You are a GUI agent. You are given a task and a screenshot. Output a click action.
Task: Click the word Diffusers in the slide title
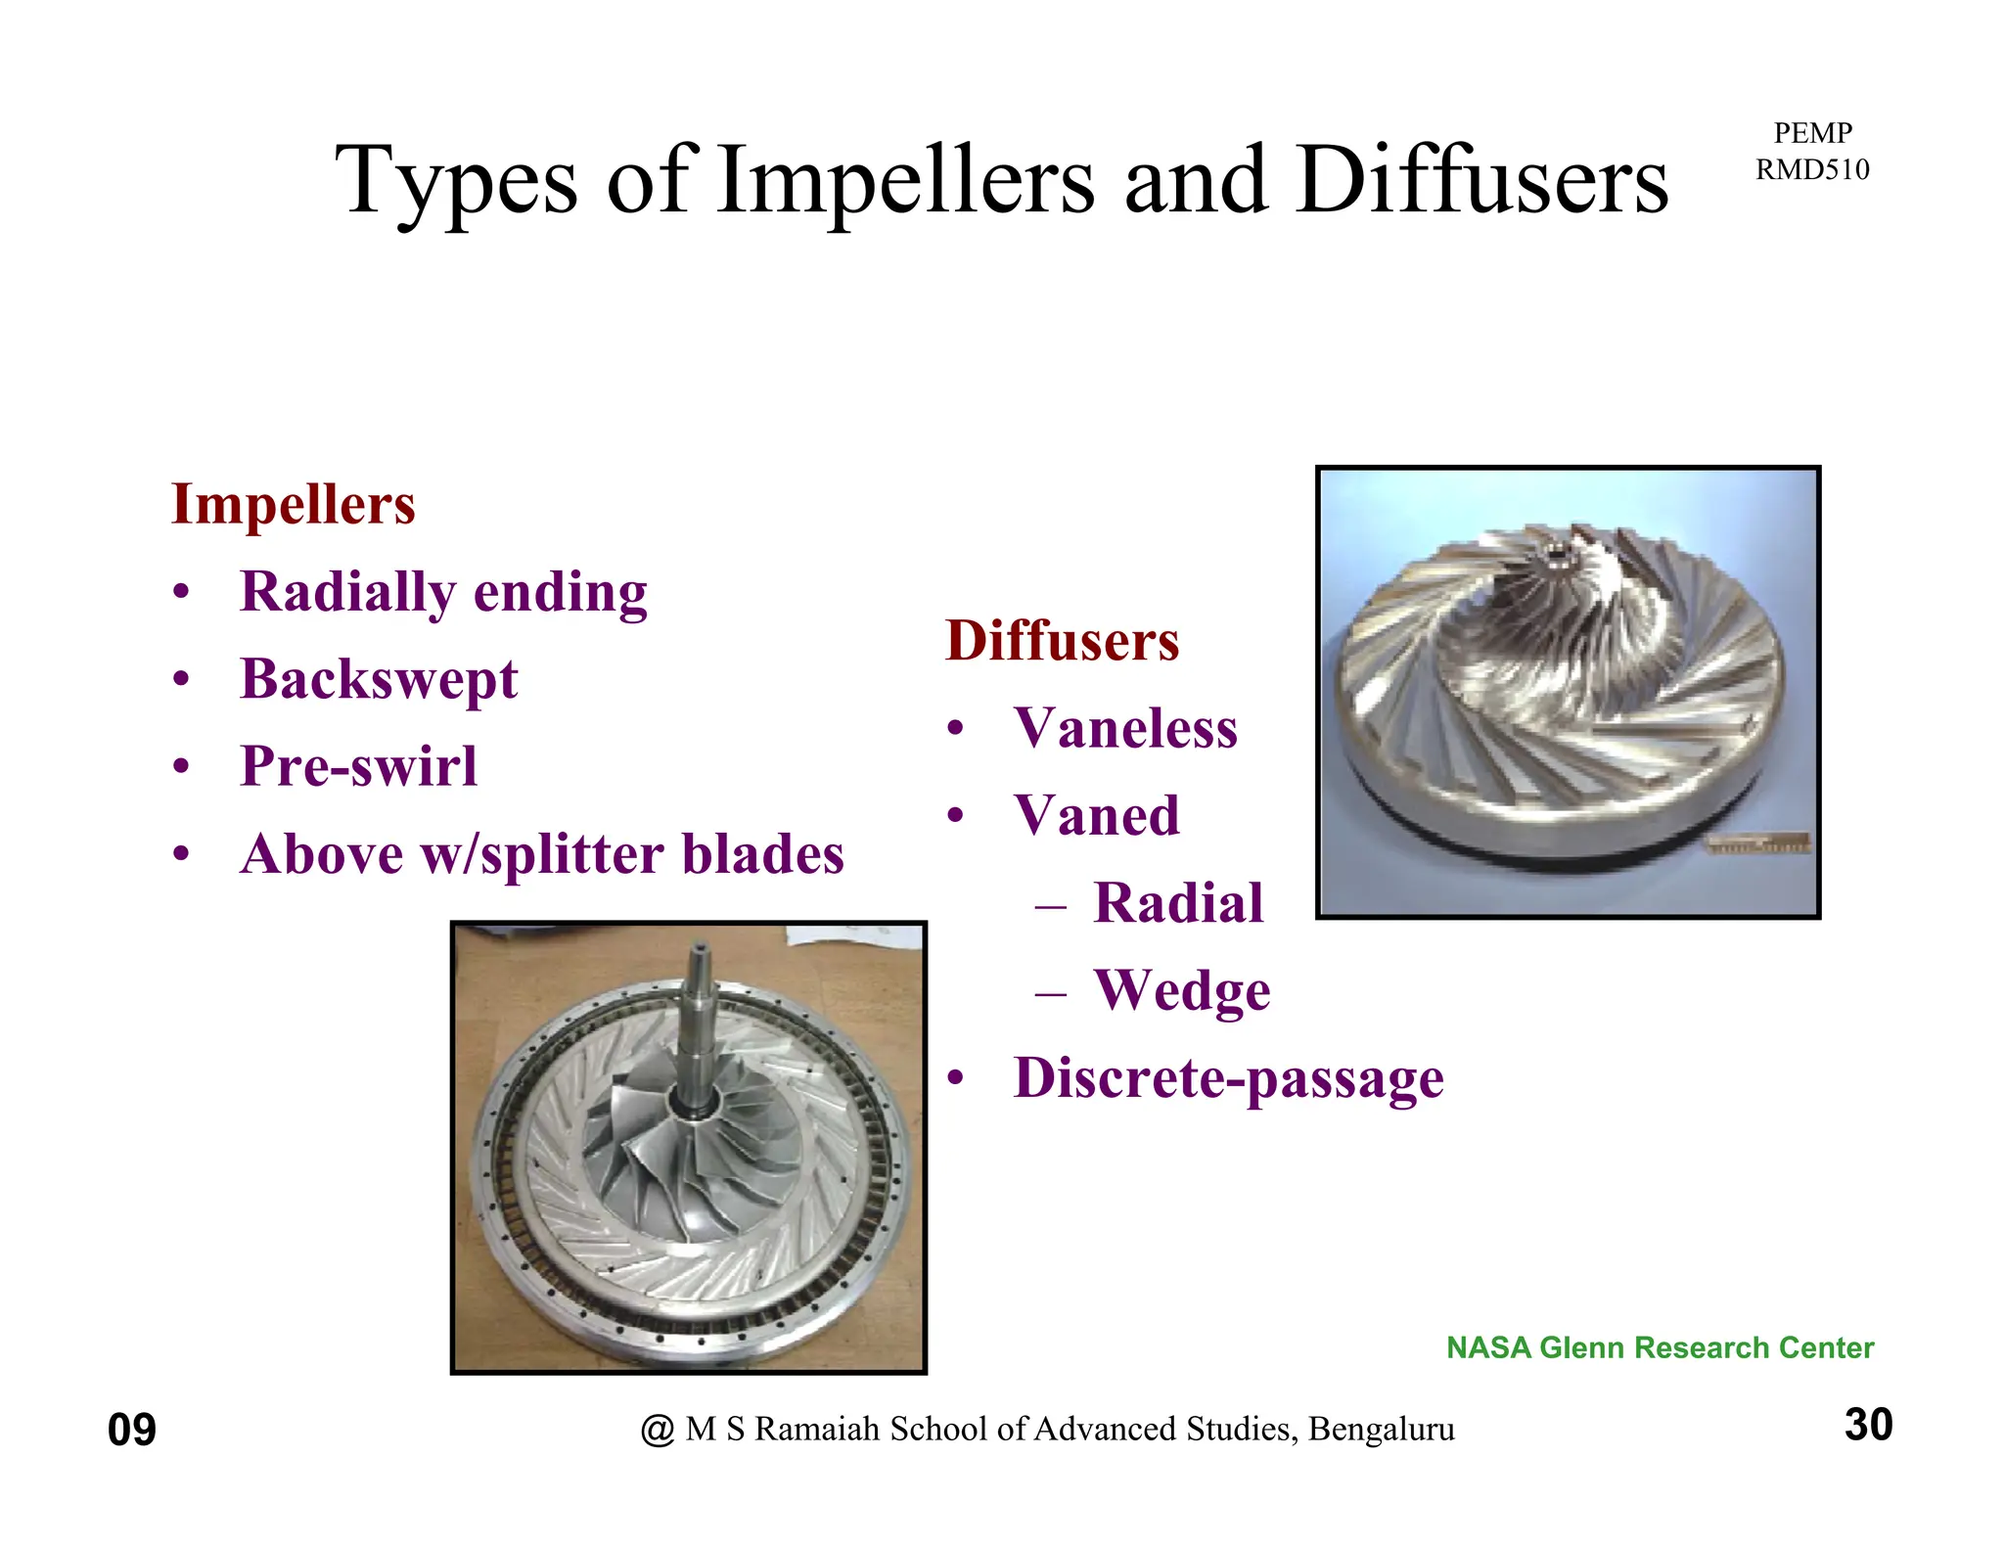coord(1482,181)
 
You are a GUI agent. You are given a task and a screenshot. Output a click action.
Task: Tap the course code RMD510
coord(1812,170)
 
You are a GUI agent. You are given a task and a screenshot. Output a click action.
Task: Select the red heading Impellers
coord(294,505)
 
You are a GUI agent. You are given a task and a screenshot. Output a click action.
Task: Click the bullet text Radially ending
coord(443,593)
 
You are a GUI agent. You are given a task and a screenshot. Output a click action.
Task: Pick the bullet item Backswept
coord(379,680)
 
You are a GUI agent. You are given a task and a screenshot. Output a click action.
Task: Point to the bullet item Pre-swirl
coord(358,766)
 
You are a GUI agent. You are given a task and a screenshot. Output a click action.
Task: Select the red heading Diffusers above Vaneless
coord(1062,641)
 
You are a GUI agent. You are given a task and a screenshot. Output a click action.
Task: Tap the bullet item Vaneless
coord(1125,729)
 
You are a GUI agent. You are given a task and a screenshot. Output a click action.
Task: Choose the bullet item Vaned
coord(1097,816)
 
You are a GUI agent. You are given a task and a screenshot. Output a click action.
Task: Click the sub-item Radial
coord(1178,903)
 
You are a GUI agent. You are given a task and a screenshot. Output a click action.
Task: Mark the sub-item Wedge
coord(1182,991)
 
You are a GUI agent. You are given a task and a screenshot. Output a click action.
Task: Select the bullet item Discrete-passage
coord(1228,1078)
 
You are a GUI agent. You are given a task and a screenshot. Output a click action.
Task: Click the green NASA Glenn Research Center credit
coord(1660,1348)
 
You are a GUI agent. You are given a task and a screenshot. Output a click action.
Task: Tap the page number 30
coord(1868,1425)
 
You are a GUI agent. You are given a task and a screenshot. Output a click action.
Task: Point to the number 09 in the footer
coord(132,1431)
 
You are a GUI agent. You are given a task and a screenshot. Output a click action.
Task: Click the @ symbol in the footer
coord(658,1431)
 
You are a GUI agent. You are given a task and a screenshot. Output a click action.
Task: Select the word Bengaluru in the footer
coord(1381,1430)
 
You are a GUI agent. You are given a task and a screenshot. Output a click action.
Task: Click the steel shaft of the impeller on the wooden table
coord(702,1018)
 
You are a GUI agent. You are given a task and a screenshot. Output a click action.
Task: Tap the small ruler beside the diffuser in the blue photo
coord(1758,845)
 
